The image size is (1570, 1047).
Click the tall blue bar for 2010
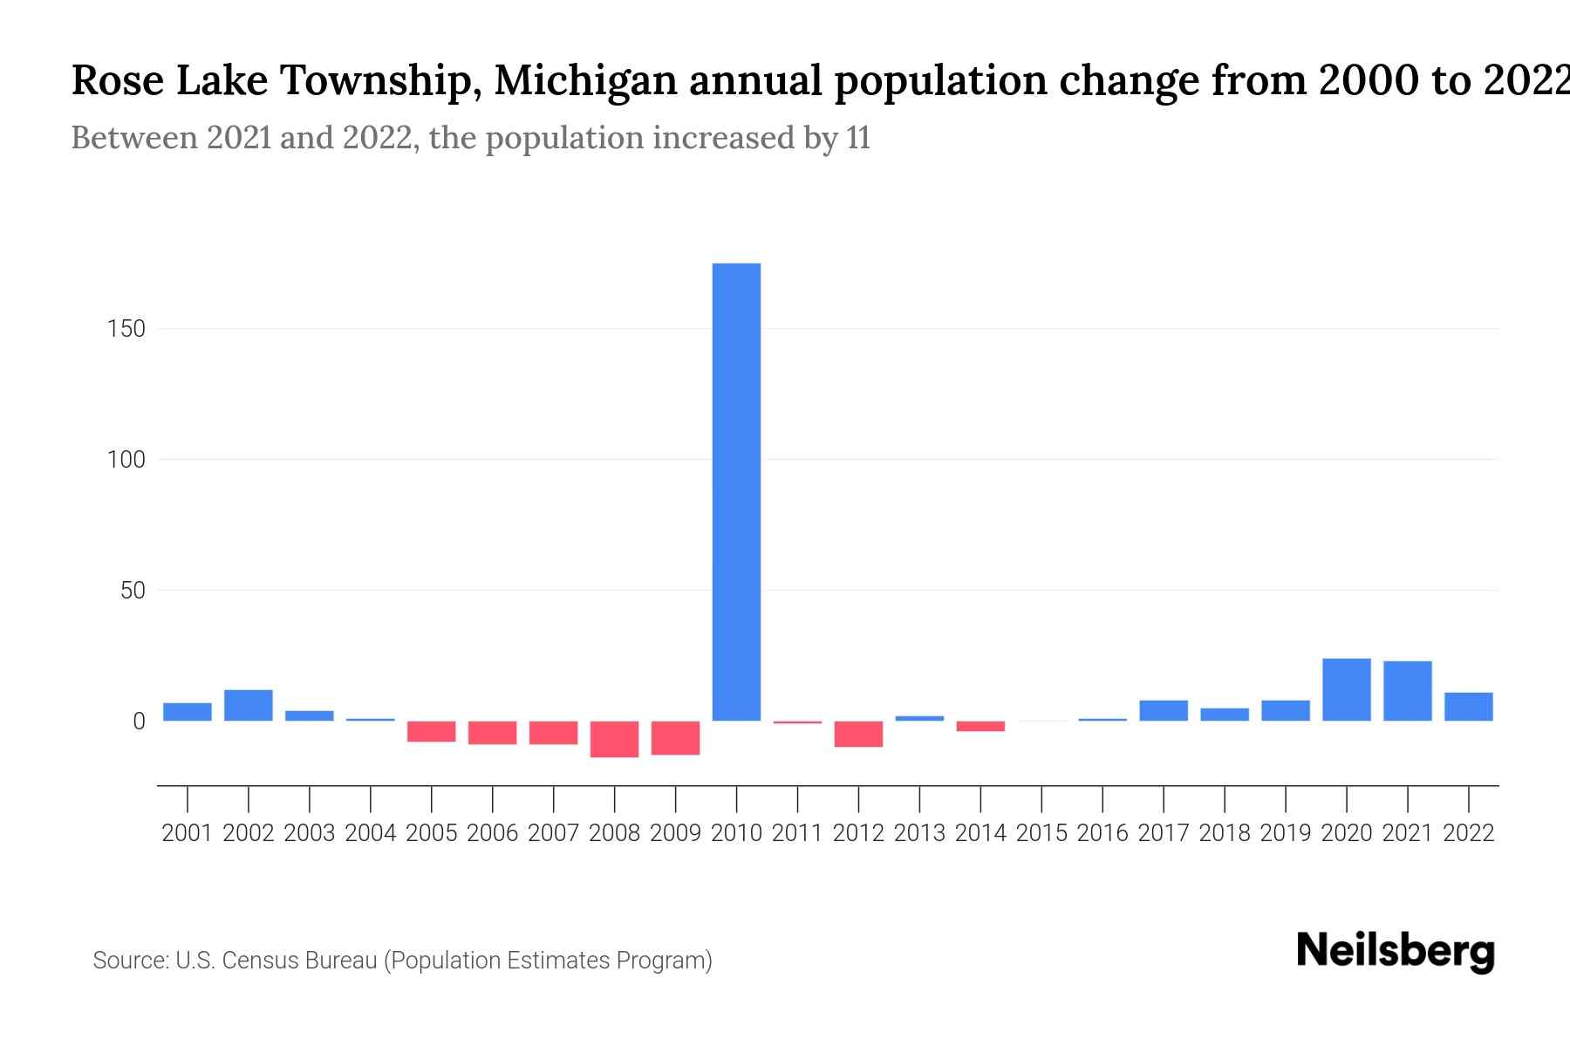point(736,491)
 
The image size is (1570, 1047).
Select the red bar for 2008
point(614,739)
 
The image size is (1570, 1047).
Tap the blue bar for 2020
point(1346,689)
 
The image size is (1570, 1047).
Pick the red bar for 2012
point(858,734)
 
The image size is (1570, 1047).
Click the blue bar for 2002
point(249,705)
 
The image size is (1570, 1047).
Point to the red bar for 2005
point(432,731)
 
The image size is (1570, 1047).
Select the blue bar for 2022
point(1468,707)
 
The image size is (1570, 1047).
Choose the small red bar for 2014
point(980,726)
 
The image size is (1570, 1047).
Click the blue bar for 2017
point(1164,710)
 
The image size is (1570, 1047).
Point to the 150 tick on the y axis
point(126,329)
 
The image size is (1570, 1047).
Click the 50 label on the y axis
point(133,591)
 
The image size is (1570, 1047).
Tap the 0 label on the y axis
point(139,722)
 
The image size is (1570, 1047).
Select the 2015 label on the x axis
point(1041,833)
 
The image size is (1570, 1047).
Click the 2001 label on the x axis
point(188,833)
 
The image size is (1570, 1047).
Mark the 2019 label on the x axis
point(1286,833)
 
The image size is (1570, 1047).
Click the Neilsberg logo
point(1396,952)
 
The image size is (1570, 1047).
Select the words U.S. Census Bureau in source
point(276,961)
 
